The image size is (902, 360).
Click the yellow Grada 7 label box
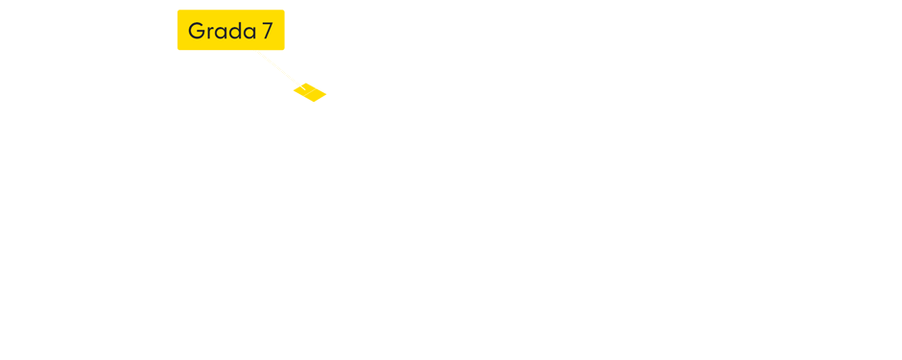click(230, 30)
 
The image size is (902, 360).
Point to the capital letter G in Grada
click(196, 31)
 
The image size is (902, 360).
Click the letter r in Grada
click(208, 33)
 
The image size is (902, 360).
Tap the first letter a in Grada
click(220, 33)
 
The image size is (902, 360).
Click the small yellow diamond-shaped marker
click(310, 92)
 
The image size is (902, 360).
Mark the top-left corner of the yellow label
click(178, 12)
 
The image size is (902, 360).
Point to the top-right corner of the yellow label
click(283, 12)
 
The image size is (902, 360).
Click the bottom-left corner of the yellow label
click(178, 48)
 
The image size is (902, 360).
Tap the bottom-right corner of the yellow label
click(283, 48)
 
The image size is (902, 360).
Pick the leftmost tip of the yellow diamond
click(293, 91)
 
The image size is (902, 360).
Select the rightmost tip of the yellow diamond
click(327, 93)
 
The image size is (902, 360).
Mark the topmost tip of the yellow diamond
click(307, 83)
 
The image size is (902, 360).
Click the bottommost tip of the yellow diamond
click(313, 102)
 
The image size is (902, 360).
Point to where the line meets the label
click(256, 50)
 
